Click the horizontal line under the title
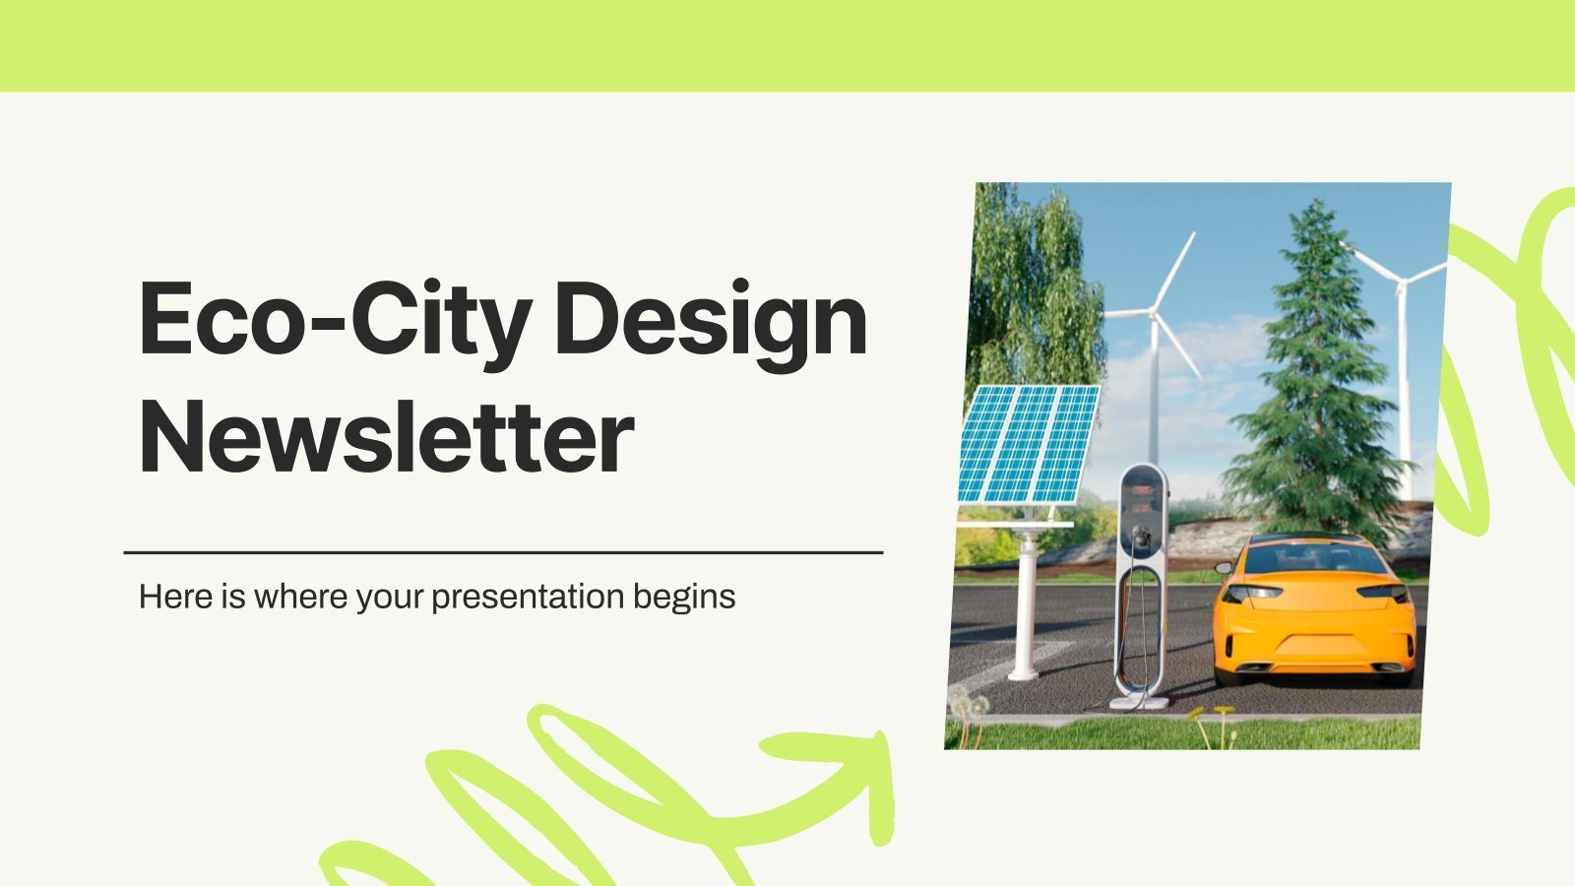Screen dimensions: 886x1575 503,552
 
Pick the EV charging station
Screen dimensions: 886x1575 1142,581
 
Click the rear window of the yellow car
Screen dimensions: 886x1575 1314,560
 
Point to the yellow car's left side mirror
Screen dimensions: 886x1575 1223,568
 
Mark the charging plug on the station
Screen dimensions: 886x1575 1143,538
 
